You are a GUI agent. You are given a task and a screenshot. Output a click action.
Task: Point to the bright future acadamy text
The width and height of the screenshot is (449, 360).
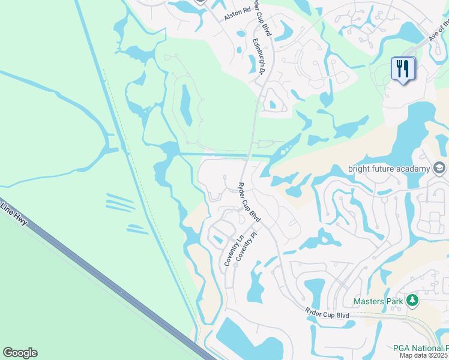coord(390,169)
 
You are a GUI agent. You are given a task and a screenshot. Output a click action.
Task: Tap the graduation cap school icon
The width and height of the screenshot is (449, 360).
coord(439,167)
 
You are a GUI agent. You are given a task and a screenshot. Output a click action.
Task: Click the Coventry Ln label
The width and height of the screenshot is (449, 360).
coord(232,251)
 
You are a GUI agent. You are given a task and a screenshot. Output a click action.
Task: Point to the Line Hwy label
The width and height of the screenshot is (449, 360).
coord(13,214)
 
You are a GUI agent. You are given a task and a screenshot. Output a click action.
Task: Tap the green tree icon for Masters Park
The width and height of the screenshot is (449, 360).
coord(412,300)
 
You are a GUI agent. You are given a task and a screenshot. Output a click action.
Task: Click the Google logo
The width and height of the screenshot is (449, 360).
coord(20,353)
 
